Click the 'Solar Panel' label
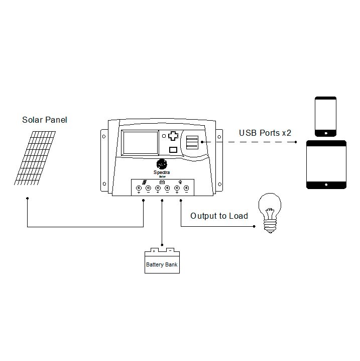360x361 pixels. [x=44, y=120]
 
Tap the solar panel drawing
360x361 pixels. [x=34, y=157]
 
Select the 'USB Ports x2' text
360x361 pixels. [x=265, y=133]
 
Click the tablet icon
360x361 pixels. [x=326, y=164]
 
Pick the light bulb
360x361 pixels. [x=269, y=214]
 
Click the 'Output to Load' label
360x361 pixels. [x=219, y=216]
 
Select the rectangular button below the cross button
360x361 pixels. [x=173, y=149]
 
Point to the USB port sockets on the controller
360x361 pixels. [x=192, y=143]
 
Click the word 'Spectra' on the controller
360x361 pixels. [x=162, y=171]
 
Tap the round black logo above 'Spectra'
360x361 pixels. [x=162, y=164]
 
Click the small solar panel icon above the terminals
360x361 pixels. [x=144, y=183]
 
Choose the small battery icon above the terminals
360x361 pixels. [x=162, y=182]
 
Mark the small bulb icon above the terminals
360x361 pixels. [x=181, y=182]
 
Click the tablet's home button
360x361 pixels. [x=326, y=185]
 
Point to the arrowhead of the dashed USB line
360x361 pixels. [x=296, y=142]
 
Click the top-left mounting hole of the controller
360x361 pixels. [x=104, y=135]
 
